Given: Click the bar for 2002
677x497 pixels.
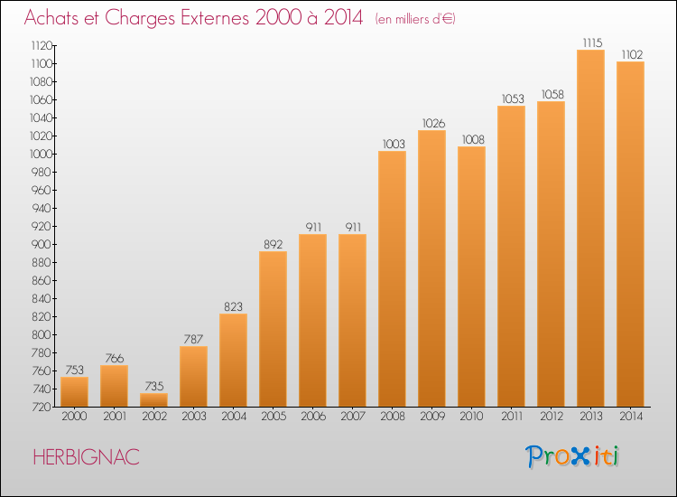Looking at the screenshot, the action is click(154, 399).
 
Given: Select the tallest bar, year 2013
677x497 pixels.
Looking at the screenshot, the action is click(590, 229).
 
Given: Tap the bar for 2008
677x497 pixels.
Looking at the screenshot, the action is click(392, 278).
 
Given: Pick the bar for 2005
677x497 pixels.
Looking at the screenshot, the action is click(273, 329).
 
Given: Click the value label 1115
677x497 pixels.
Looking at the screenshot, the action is click(592, 42).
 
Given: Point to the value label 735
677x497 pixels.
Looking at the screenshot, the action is click(154, 386).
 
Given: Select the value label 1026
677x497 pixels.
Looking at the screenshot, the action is click(433, 123).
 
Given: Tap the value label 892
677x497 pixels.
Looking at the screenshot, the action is click(273, 244).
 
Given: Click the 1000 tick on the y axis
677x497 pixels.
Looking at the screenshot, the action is click(42, 155).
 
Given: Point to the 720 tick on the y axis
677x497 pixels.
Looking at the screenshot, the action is click(42, 407).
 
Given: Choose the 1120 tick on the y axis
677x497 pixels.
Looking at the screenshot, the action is click(42, 46).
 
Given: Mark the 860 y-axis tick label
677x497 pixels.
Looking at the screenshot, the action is click(42, 280).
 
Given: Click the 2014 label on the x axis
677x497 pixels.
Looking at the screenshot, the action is click(631, 417).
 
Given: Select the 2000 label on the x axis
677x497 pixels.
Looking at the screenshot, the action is click(74, 417).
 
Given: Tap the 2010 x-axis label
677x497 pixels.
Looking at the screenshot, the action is click(471, 417).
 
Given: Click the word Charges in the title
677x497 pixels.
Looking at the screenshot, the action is click(139, 18).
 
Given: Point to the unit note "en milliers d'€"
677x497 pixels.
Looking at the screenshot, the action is click(415, 19).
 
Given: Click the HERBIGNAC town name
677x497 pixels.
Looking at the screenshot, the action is click(87, 457).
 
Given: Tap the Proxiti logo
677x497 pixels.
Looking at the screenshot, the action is click(572, 456).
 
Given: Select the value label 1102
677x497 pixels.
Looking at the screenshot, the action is click(632, 54).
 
